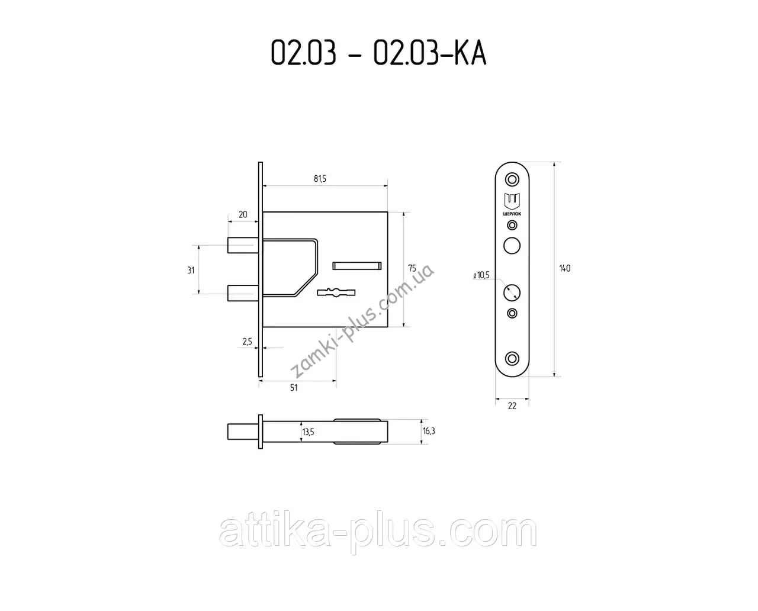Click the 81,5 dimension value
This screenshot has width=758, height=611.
pyautogui.click(x=320, y=179)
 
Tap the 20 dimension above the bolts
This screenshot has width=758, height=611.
pyautogui.click(x=243, y=214)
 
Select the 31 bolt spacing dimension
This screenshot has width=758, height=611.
pyautogui.click(x=191, y=270)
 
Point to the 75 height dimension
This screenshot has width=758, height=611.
pyautogui.click(x=412, y=268)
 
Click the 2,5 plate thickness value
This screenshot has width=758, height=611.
pyautogui.click(x=248, y=341)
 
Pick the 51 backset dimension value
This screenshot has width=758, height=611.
pyautogui.click(x=294, y=388)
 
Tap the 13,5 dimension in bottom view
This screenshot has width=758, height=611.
pyautogui.click(x=308, y=432)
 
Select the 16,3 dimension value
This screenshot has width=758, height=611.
pyautogui.click(x=429, y=430)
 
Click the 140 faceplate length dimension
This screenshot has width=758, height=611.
pyautogui.click(x=564, y=268)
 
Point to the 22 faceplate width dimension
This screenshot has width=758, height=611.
pyautogui.click(x=512, y=406)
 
